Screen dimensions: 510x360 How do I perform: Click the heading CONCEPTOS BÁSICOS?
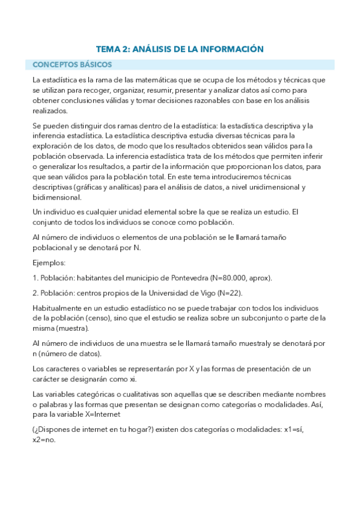pos(69,64)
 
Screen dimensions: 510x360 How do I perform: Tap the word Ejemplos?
pos(49,263)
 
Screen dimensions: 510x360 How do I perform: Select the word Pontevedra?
pos(187,278)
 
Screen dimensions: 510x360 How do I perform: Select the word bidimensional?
pos(56,197)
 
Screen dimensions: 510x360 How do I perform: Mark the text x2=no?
pos(44,440)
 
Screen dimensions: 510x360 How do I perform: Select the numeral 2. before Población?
pos(35,293)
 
